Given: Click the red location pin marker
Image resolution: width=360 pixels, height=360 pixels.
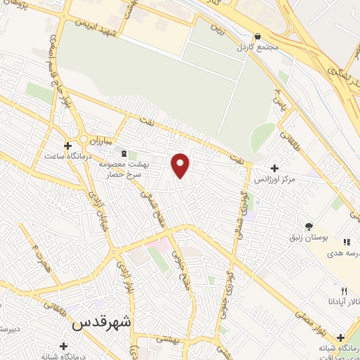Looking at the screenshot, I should point(181,165).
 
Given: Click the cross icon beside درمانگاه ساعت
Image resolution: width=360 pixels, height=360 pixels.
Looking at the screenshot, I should point(67,146).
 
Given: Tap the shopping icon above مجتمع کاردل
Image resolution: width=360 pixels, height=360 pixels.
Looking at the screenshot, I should point(257,37).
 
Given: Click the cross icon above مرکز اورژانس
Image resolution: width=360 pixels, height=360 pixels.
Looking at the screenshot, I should point(274,168).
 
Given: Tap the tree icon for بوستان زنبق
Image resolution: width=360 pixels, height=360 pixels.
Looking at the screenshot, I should point(309,226).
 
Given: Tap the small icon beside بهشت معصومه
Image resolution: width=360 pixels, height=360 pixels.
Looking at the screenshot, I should point(124,154).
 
